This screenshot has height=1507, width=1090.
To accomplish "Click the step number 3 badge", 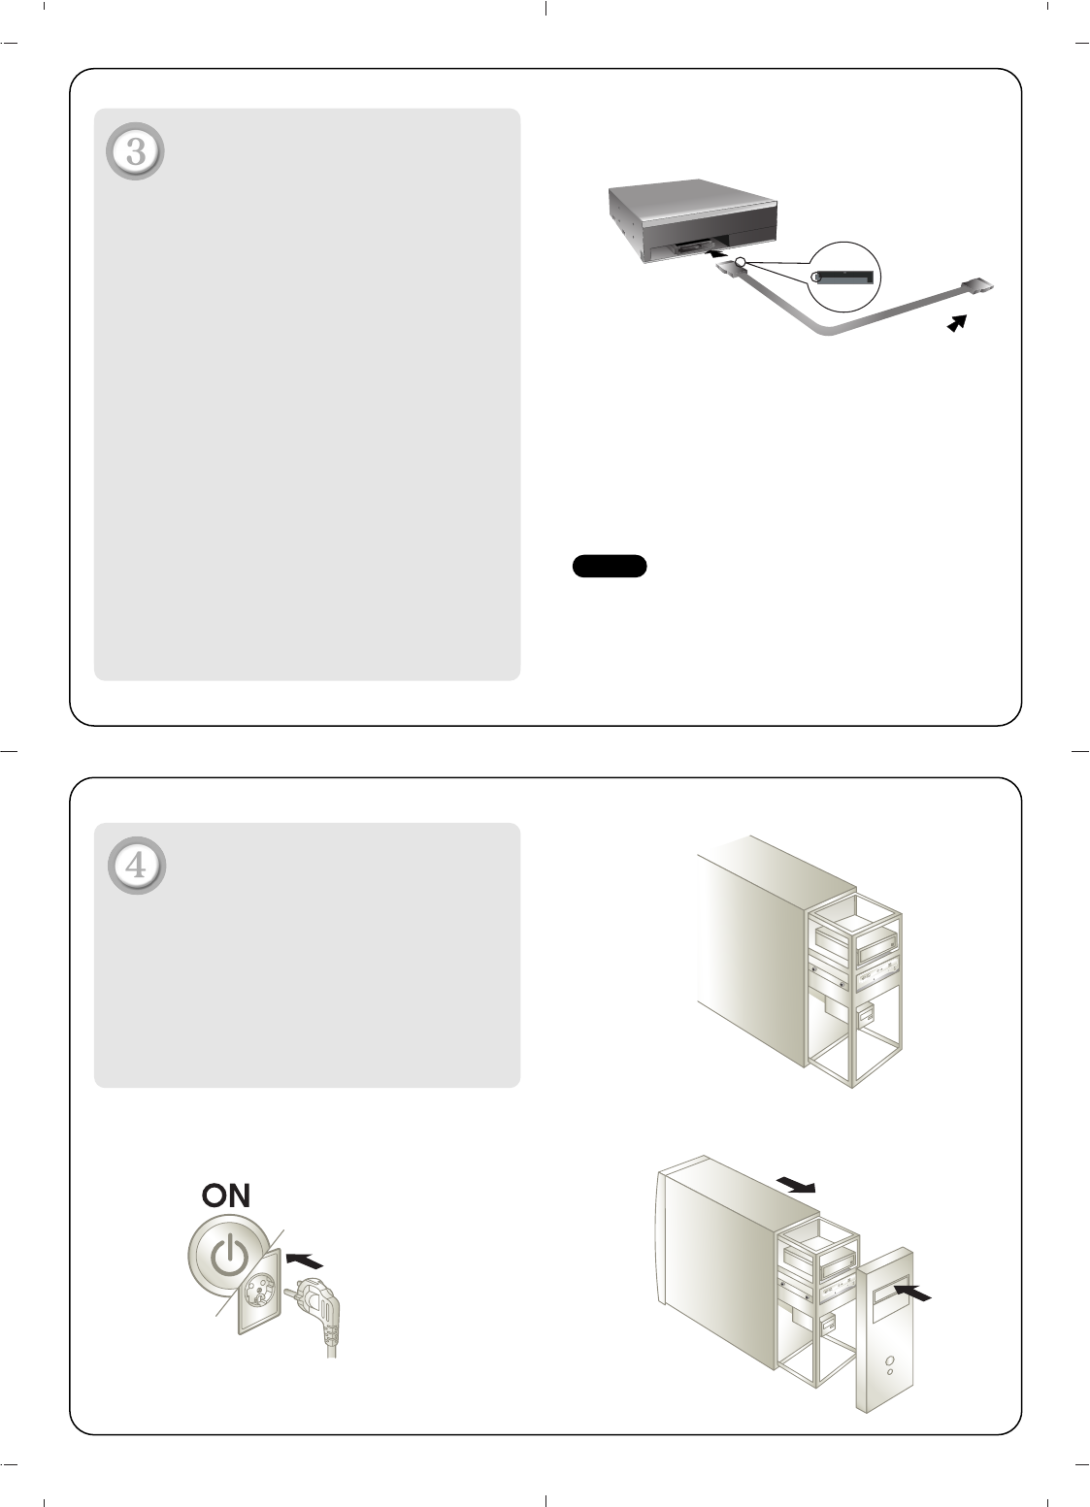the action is pos(135,151).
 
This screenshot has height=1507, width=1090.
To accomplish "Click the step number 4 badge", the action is pos(137,866).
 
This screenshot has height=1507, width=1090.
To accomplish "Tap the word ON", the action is pos(226,1196).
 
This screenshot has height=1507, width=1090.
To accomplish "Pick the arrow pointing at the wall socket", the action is pos(305,1259).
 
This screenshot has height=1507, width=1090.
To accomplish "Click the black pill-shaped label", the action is pos(610,566).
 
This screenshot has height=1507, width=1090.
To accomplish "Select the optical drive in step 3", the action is pos(693,220).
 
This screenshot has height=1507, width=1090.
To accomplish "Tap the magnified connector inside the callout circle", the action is pos(843,278).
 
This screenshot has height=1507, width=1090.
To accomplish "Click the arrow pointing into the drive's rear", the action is pos(718,254).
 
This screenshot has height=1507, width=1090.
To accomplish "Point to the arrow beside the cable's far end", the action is pos(957,323).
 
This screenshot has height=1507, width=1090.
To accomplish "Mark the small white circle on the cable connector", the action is pos(741,262).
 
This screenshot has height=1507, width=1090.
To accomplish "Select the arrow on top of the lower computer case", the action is pos(796,1185).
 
